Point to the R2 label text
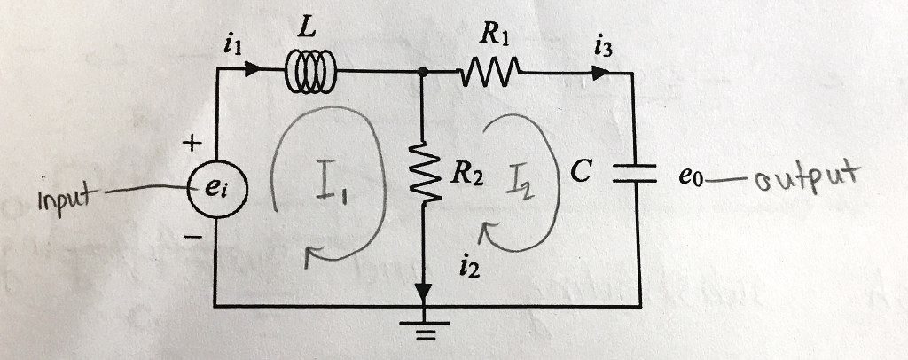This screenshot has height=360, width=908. (x=467, y=173)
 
